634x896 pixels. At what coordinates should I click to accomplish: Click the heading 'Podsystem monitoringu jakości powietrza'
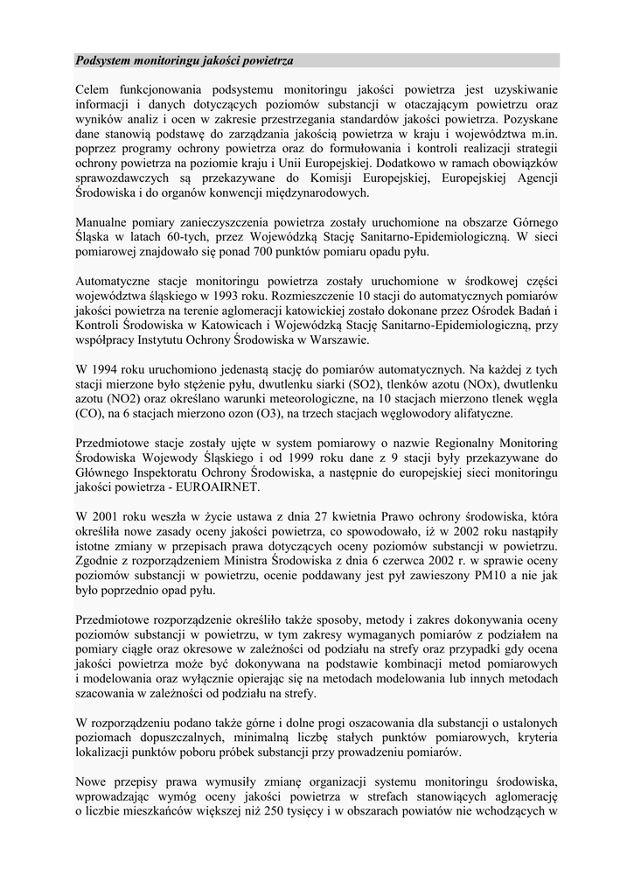tap(185, 60)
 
